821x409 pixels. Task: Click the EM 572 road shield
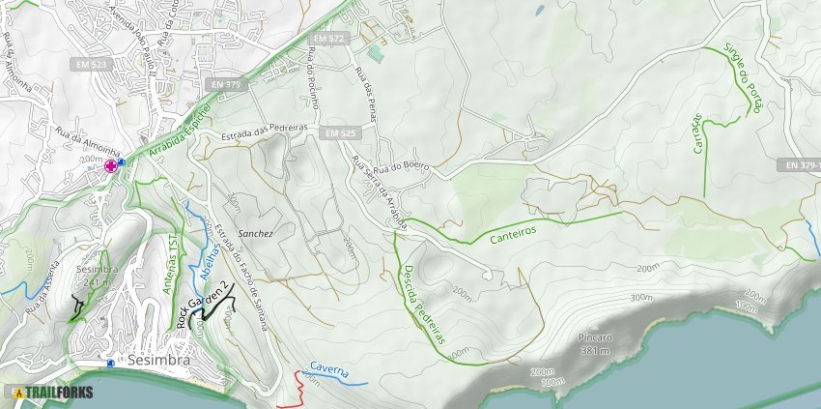pyautogui.click(x=329, y=38)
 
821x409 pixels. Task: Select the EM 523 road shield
pyautogui.click(x=91, y=64)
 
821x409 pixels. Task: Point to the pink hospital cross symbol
pyautogui.click(x=111, y=166)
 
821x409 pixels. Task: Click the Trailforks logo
pyautogui.click(x=52, y=393)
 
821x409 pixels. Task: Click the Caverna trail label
pyautogui.click(x=329, y=370)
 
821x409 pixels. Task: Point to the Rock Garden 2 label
pyautogui.click(x=205, y=306)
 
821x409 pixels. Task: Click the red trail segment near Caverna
pyautogui.click(x=299, y=387)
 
